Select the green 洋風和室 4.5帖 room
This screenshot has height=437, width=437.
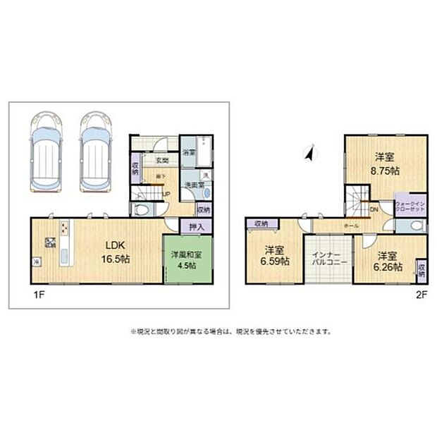point(187,261)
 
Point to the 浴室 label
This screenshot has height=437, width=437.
point(188,152)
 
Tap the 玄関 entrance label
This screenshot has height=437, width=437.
point(161,161)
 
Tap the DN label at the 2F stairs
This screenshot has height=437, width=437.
point(373,209)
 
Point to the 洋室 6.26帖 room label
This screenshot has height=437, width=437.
point(388,261)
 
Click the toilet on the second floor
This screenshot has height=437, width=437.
point(416,226)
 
